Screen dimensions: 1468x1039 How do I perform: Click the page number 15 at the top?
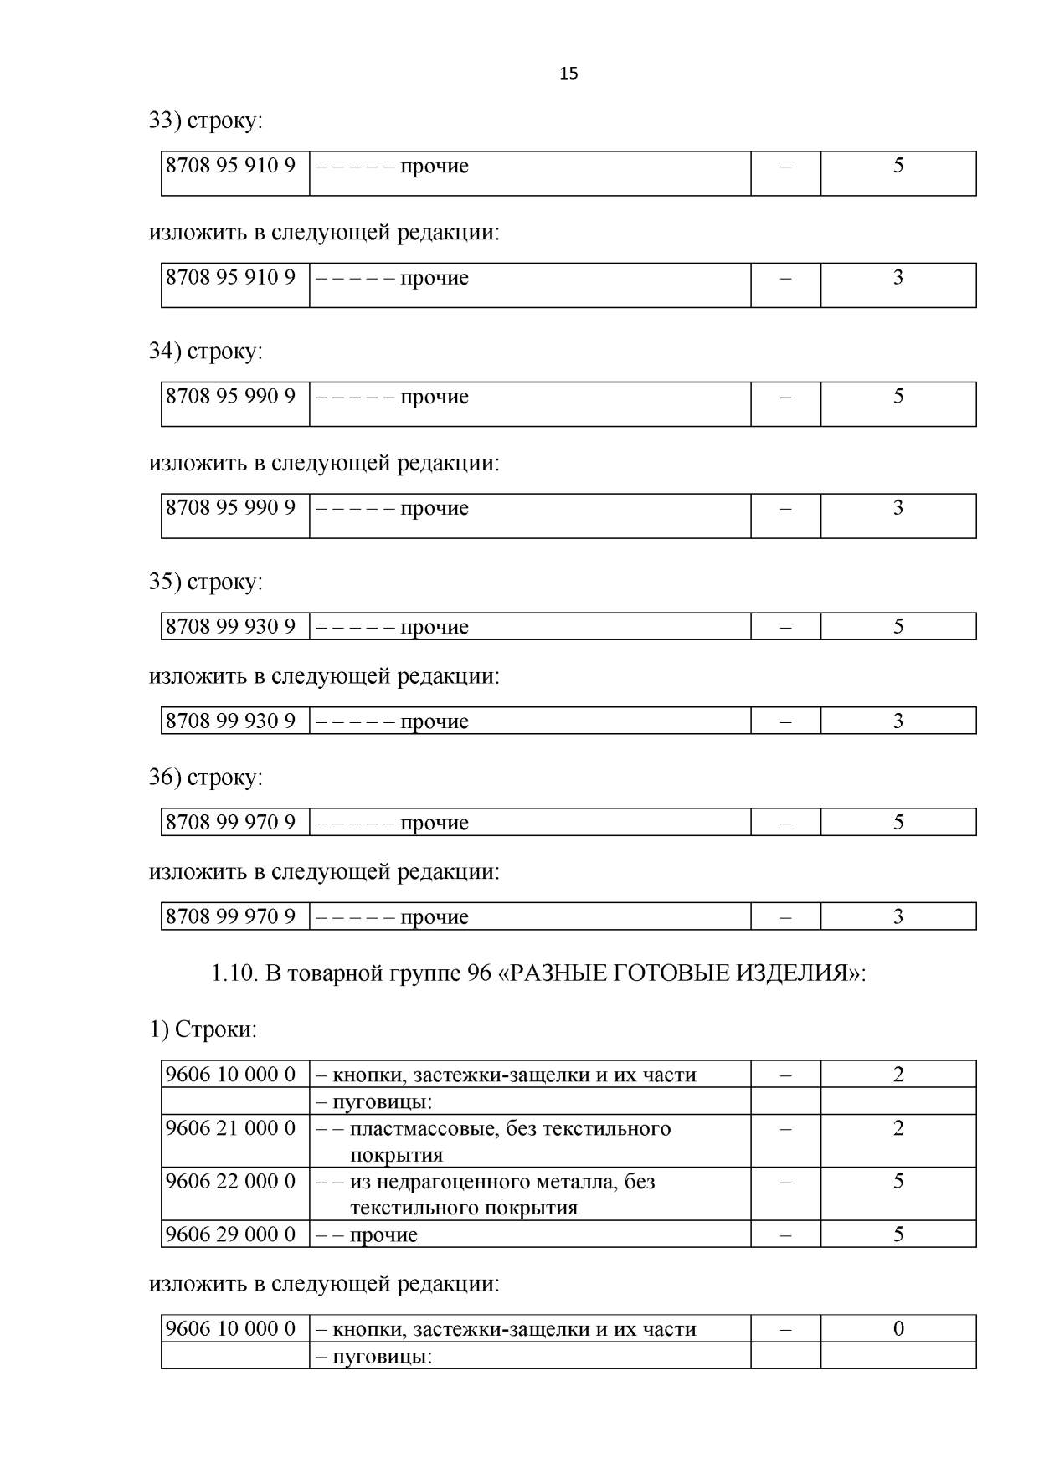(568, 74)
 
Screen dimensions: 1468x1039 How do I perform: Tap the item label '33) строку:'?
(205, 121)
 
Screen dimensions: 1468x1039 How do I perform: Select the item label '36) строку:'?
(205, 778)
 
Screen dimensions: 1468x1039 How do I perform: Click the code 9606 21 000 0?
(230, 1128)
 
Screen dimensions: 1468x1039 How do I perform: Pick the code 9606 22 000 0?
(230, 1182)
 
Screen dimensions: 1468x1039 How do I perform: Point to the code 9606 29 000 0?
(230, 1234)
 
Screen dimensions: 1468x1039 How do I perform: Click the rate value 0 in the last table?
(898, 1328)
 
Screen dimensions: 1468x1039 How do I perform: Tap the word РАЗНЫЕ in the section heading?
(557, 973)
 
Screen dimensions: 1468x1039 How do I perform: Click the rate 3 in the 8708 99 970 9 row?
(898, 916)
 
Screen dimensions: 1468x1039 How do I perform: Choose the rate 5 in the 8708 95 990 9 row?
(898, 396)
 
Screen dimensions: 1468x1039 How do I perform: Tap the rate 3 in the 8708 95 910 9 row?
(898, 277)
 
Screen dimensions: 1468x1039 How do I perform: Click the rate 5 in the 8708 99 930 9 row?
(898, 626)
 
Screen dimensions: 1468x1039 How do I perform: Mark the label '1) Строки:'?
(203, 1029)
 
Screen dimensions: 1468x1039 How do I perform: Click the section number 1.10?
(234, 973)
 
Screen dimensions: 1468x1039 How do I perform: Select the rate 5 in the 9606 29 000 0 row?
(898, 1234)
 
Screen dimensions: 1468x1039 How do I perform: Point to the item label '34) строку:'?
(205, 351)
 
